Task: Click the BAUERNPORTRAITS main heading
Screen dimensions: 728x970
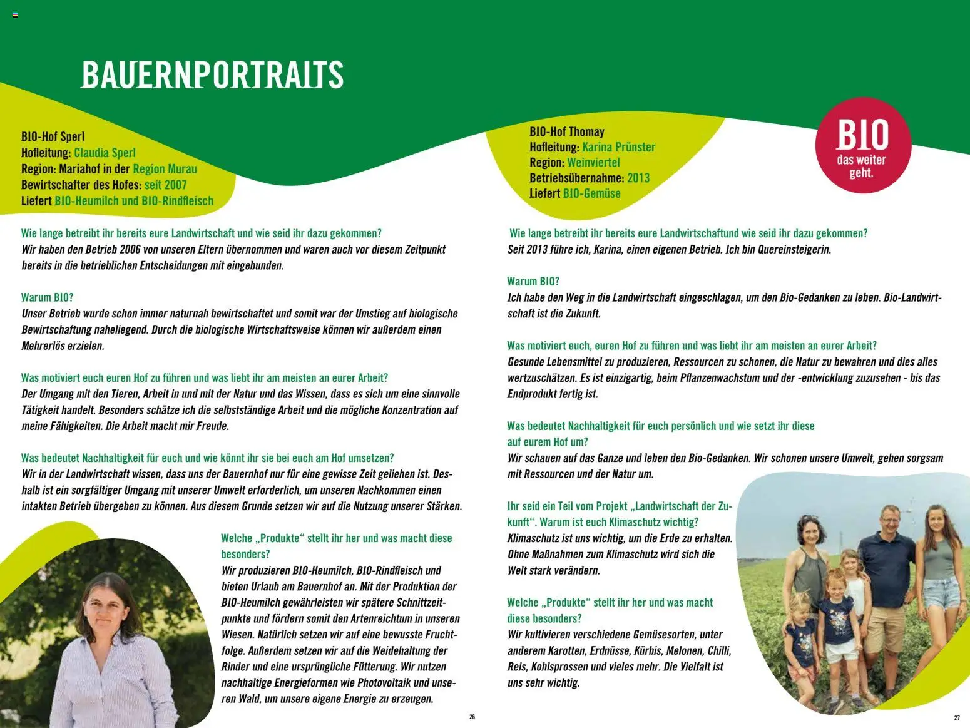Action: pyautogui.click(x=212, y=75)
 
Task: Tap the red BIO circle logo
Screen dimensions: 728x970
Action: pyautogui.click(x=863, y=145)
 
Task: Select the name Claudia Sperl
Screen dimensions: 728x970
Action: pyautogui.click(x=105, y=153)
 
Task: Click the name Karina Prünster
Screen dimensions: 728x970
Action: pyautogui.click(x=618, y=147)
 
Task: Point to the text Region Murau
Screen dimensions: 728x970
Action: pyautogui.click(x=165, y=169)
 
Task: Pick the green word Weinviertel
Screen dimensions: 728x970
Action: pyautogui.click(x=593, y=163)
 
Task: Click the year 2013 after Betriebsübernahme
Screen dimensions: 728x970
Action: pyautogui.click(x=638, y=178)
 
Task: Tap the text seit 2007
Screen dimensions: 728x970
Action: pyautogui.click(x=165, y=185)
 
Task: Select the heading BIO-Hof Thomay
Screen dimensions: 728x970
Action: pyautogui.click(x=567, y=131)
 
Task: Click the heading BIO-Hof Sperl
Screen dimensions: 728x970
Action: pyautogui.click(x=53, y=136)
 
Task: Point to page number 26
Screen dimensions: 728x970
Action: pyautogui.click(x=472, y=717)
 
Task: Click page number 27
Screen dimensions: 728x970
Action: pyautogui.click(x=957, y=717)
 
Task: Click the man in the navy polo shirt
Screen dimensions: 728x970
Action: pyautogui.click(x=887, y=563)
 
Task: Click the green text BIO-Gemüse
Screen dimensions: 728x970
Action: pyautogui.click(x=591, y=193)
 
